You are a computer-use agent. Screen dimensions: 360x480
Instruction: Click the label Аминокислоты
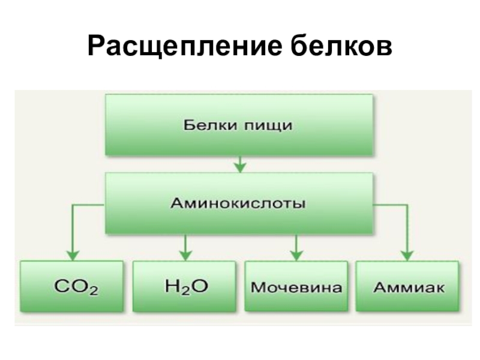click(x=239, y=203)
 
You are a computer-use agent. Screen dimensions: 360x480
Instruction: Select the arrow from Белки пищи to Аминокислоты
click(x=239, y=164)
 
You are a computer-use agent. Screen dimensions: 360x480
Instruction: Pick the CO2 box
click(x=72, y=286)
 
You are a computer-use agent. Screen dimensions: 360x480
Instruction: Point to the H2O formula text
click(x=185, y=287)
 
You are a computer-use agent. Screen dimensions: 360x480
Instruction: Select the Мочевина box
click(x=296, y=286)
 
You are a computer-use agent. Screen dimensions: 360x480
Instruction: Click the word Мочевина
click(x=296, y=287)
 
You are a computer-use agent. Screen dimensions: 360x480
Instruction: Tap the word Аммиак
click(x=409, y=287)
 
